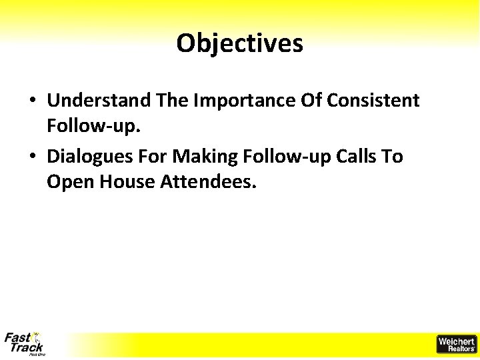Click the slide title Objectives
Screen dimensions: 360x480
[x=239, y=44]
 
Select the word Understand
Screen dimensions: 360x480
[x=99, y=101]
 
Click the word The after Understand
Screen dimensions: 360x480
[x=172, y=101]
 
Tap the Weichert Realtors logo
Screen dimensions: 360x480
[x=457, y=344]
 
